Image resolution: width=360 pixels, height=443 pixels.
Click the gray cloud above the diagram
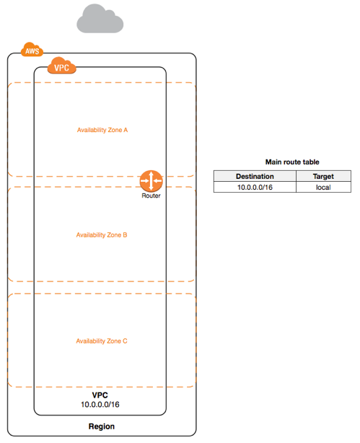100,19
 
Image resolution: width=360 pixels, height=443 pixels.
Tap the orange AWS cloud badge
32,50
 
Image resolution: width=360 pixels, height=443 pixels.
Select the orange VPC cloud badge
61,66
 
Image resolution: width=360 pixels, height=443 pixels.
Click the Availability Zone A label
102,130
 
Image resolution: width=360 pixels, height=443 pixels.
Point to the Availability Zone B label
102,235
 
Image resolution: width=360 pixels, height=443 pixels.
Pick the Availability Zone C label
102,341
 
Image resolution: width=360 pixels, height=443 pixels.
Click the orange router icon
152,181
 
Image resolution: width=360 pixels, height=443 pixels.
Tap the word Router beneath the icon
151,196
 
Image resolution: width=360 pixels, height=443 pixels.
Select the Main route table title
292,162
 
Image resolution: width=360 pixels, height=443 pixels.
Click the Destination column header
255,176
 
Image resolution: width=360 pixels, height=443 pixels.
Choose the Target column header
323,176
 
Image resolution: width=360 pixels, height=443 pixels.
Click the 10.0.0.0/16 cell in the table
255,188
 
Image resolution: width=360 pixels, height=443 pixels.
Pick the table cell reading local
323,188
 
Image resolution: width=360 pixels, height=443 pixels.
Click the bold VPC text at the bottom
100,395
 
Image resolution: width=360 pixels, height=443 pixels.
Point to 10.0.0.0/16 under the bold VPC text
100,405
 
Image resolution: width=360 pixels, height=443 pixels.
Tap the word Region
102,426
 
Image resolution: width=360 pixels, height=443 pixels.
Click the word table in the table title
311,162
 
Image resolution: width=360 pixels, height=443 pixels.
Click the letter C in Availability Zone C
125,341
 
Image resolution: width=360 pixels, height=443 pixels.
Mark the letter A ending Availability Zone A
126,130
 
